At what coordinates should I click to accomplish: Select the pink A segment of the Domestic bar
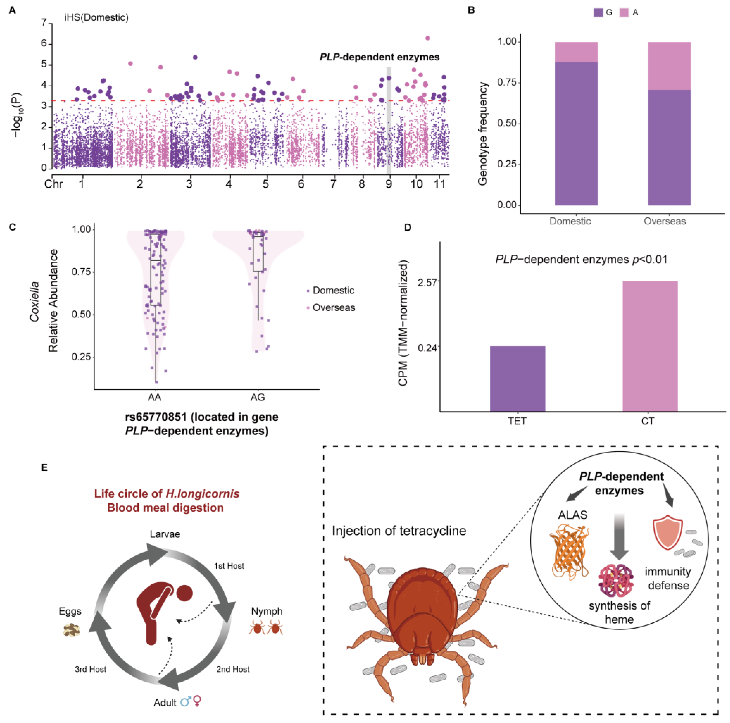coord(576,52)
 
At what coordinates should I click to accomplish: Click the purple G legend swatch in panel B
coord(598,12)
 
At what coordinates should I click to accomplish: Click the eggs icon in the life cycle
coord(71,630)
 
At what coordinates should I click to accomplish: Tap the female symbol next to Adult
coord(197,701)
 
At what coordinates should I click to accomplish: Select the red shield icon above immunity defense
coord(667,533)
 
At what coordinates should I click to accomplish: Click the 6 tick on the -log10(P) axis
coord(44,43)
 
